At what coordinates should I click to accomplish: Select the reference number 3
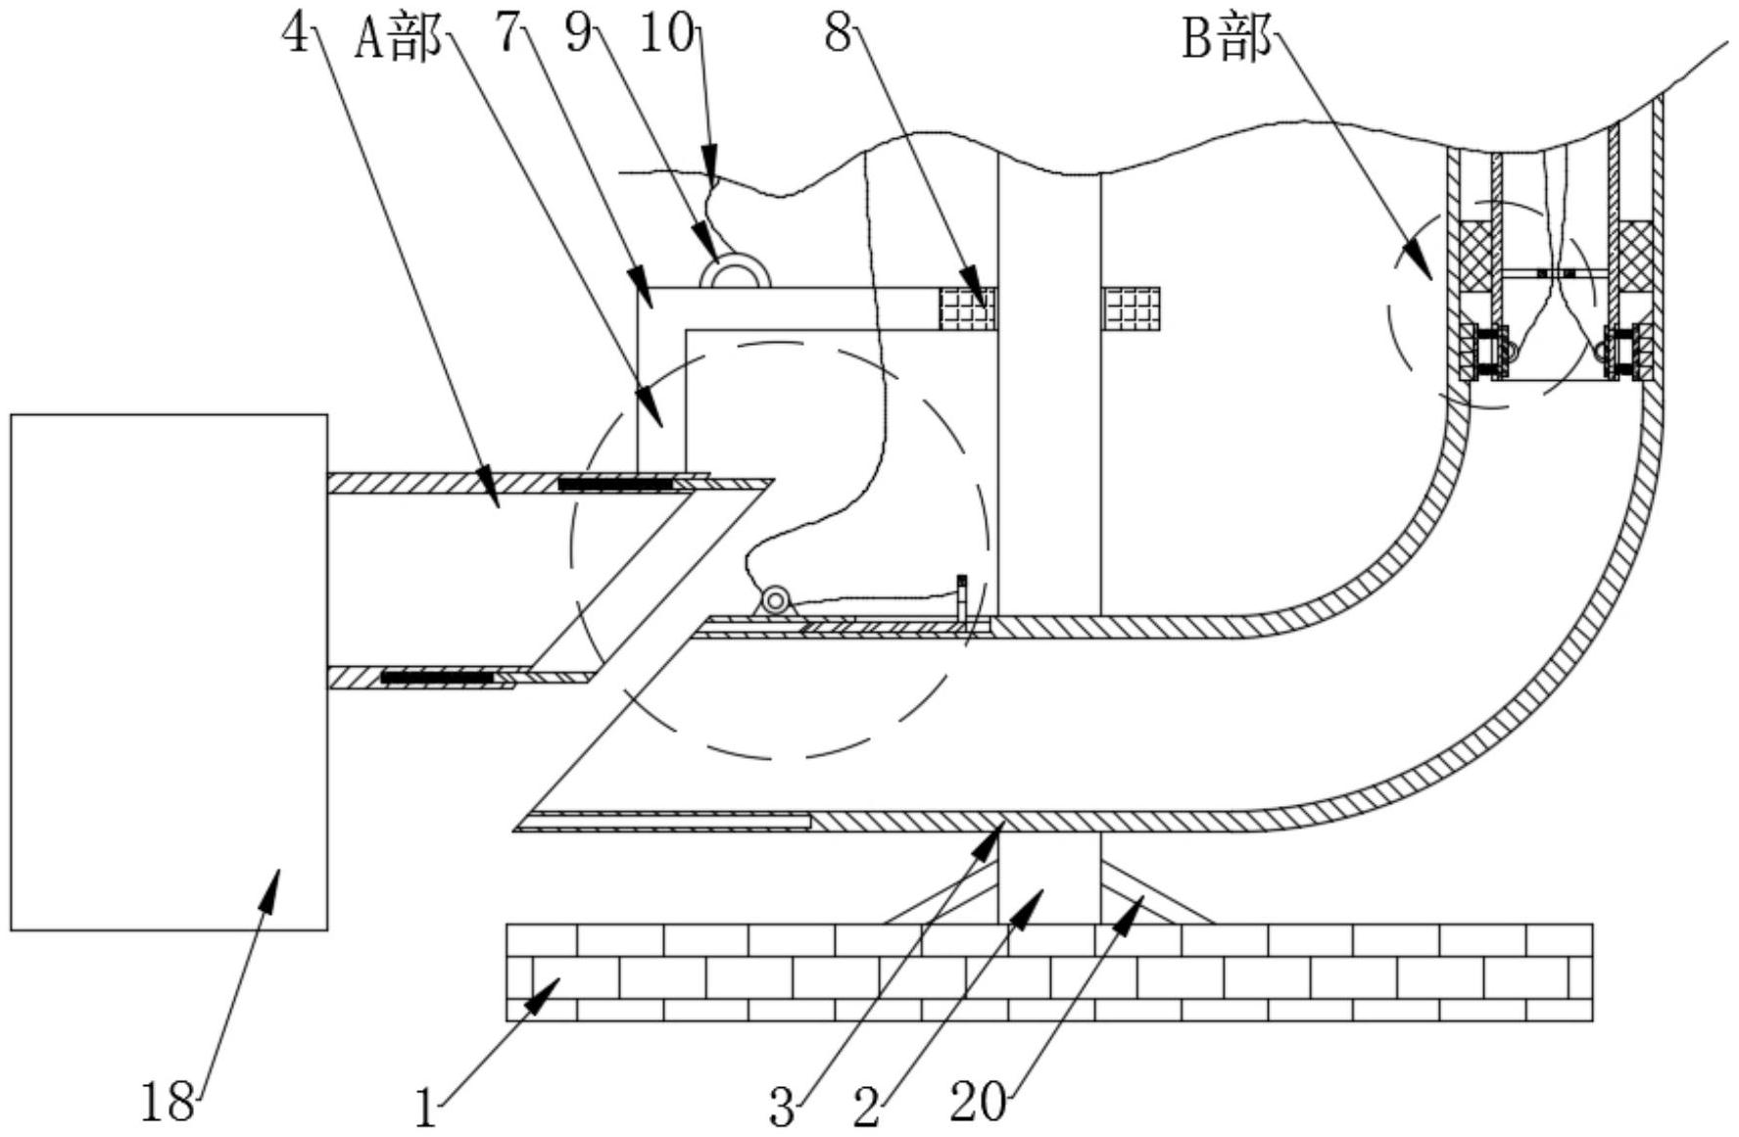point(781,1108)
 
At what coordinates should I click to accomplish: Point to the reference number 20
point(977,1104)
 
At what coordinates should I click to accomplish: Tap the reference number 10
point(666,34)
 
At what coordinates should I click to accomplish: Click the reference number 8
point(839,34)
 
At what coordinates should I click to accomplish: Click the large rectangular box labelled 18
point(169,671)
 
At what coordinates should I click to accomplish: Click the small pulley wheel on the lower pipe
point(776,599)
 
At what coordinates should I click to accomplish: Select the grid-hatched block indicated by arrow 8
point(968,308)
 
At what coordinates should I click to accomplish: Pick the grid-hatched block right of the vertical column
point(1131,308)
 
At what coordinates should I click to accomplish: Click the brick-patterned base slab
point(1048,971)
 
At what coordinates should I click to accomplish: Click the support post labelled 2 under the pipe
point(1049,877)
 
